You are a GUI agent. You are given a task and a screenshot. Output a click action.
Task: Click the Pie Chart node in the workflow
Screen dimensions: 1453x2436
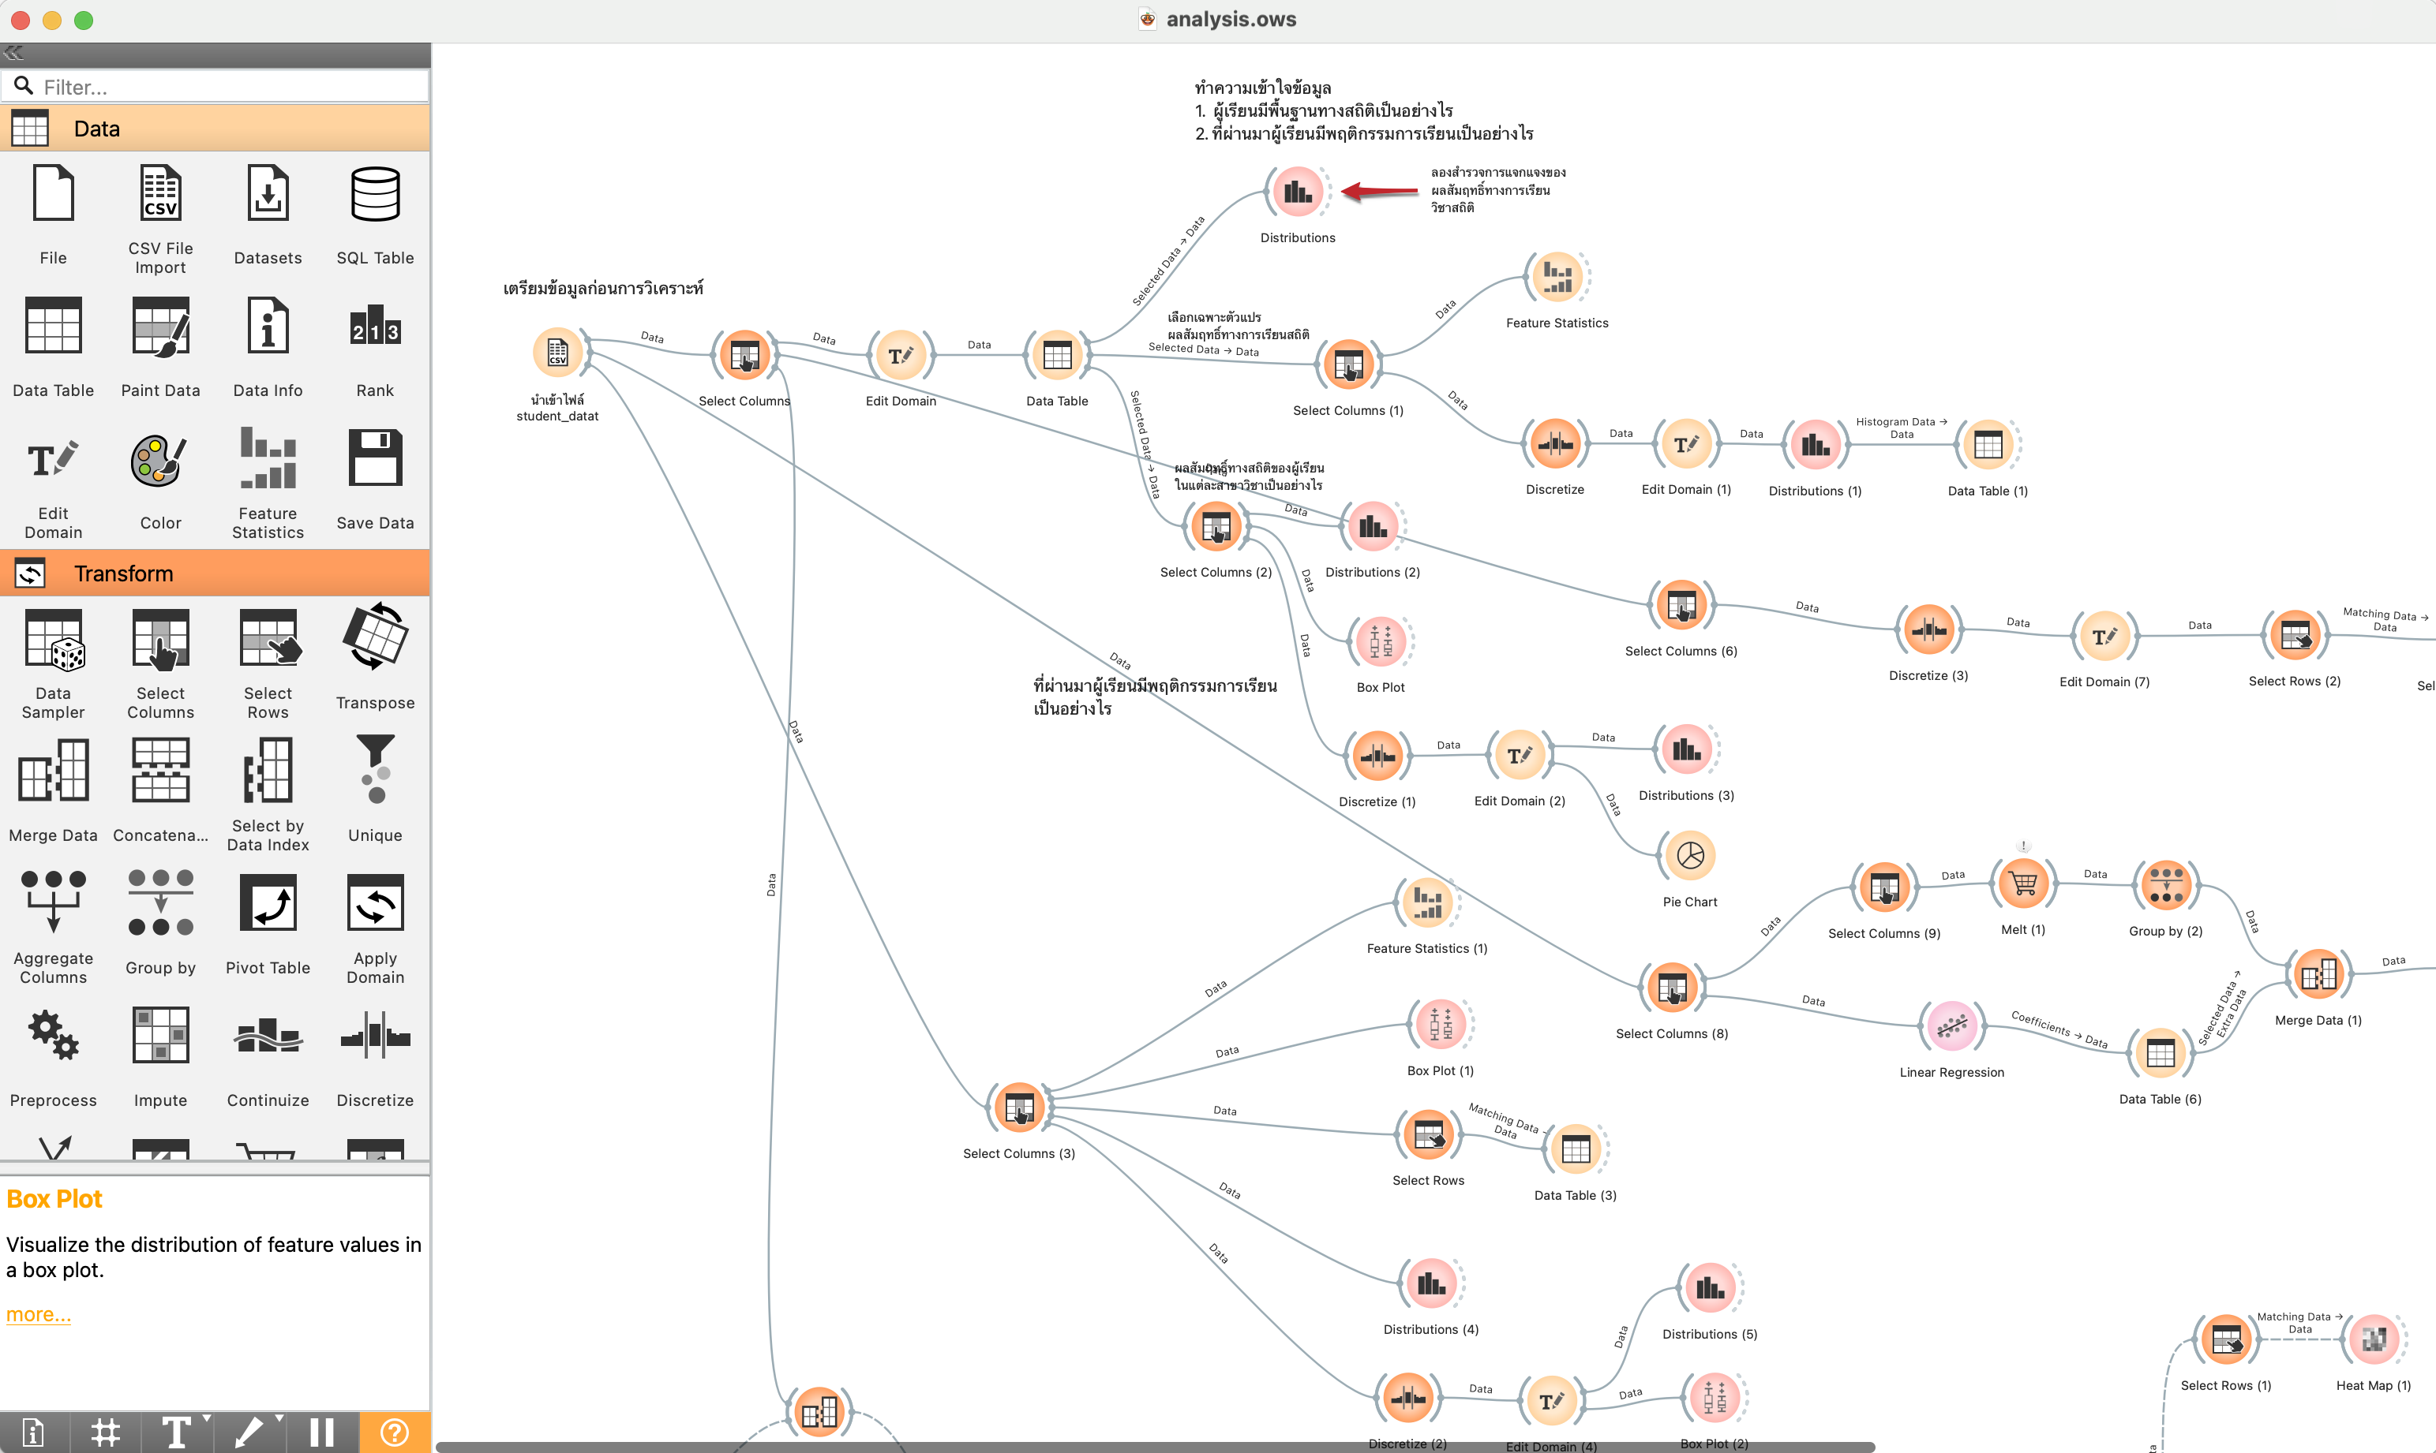[x=1689, y=856]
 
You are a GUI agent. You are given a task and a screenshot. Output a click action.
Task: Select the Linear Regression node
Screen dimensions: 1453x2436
[x=1951, y=1026]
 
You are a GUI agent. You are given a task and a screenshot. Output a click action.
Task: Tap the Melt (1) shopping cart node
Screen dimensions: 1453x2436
[x=2022, y=884]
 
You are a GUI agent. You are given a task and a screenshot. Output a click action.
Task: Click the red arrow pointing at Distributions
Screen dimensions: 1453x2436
[x=1378, y=191]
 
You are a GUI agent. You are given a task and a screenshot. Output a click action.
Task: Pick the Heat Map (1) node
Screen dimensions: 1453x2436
[x=2374, y=1339]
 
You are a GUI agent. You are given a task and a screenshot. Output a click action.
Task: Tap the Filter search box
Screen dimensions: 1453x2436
[x=225, y=87]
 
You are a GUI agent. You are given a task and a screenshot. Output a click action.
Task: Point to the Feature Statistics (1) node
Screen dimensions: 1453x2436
[x=1427, y=902]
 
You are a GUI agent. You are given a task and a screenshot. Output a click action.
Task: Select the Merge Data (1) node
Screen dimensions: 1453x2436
[x=2318, y=975]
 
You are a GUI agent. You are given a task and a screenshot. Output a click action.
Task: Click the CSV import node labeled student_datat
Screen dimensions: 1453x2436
[x=557, y=353]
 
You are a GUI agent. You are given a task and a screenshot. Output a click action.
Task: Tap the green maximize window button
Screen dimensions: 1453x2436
[x=84, y=21]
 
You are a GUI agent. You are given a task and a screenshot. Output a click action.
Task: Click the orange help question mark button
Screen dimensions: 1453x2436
[x=394, y=1432]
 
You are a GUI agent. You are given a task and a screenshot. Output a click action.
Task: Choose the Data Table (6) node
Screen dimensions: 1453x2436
[x=2160, y=1054]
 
